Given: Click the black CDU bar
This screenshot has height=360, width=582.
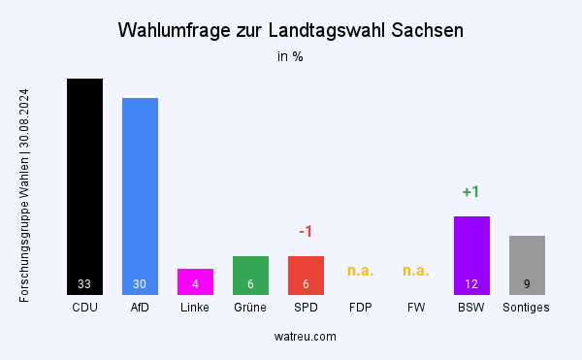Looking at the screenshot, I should pyautogui.click(x=84, y=184).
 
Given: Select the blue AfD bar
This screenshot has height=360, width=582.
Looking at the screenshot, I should pyautogui.click(x=140, y=194).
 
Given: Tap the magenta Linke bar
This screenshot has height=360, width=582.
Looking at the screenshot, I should pyautogui.click(x=195, y=280).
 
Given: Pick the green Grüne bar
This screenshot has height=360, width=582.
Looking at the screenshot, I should pyautogui.click(x=250, y=275).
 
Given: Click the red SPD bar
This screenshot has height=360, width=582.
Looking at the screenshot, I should pyautogui.click(x=306, y=275).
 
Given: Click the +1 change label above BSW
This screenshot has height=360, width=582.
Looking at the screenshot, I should pyautogui.click(x=471, y=192).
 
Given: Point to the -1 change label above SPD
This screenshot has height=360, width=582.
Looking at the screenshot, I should pyautogui.click(x=306, y=232).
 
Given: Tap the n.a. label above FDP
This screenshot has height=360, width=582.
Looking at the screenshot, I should pyautogui.click(x=361, y=271).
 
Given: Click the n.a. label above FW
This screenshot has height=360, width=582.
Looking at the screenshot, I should pyautogui.click(x=416, y=271).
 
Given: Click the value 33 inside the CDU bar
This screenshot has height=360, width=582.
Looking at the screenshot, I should pyautogui.click(x=84, y=284).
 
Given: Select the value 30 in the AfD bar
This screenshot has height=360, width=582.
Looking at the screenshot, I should pyautogui.click(x=140, y=284).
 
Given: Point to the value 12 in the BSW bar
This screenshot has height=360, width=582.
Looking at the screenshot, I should pyautogui.click(x=471, y=284).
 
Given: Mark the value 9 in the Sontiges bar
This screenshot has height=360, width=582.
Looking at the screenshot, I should pyautogui.click(x=527, y=284).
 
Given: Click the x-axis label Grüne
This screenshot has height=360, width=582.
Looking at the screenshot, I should pyautogui.click(x=250, y=308).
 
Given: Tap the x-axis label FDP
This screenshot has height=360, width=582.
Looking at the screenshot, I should pyautogui.click(x=361, y=308).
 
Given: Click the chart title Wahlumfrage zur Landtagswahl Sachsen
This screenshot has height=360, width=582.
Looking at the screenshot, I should pyautogui.click(x=290, y=30).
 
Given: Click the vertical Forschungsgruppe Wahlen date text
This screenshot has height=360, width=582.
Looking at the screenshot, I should pyautogui.click(x=24, y=196).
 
